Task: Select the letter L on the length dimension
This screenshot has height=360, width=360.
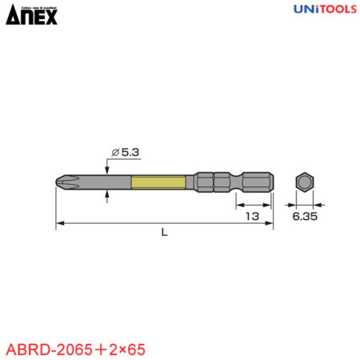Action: coord(164,232)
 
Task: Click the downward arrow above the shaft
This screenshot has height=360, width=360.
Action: coord(106,166)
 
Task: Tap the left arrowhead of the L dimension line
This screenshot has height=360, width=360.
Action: coord(59,223)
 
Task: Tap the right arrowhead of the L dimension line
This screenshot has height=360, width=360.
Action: coord(270,223)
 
